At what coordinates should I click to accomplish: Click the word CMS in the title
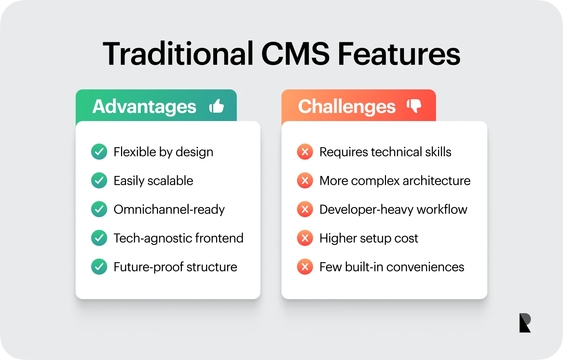[295, 54]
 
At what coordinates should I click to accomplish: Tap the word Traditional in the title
[178, 53]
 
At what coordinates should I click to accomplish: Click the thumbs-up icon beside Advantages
[216, 106]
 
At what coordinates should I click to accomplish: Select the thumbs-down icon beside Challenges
[414, 106]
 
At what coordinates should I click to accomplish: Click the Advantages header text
[144, 106]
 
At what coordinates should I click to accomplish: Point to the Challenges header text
[347, 106]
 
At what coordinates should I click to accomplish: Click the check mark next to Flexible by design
[99, 152]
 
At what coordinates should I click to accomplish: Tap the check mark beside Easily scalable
[99, 181]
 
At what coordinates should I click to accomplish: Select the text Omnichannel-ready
[169, 209]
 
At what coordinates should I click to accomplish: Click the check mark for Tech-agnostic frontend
[99, 238]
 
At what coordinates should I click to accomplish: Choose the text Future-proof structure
[175, 267]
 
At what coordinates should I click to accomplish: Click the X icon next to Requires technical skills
[305, 152]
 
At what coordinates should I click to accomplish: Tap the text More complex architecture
[395, 181]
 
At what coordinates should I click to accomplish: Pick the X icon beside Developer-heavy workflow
[305, 209]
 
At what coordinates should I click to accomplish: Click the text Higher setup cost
[369, 238]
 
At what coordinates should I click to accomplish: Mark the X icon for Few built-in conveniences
[305, 267]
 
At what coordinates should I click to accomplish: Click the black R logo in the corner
[525, 323]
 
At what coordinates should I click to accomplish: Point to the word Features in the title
[399, 54]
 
